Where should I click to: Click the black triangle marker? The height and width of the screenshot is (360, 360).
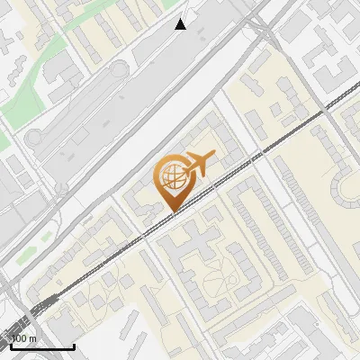click(x=181, y=24)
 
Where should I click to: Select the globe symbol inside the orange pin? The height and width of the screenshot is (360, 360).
click(x=171, y=177)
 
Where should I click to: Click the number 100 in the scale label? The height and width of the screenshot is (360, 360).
click(x=20, y=338)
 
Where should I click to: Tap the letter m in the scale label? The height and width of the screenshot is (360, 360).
click(x=33, y=338)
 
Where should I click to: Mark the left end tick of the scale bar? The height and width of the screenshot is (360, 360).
click(x=11, y=345)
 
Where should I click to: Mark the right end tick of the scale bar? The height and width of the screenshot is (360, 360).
click(x=74, y=345)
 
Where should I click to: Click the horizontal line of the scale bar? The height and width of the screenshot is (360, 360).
click(x=42, y=346)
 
